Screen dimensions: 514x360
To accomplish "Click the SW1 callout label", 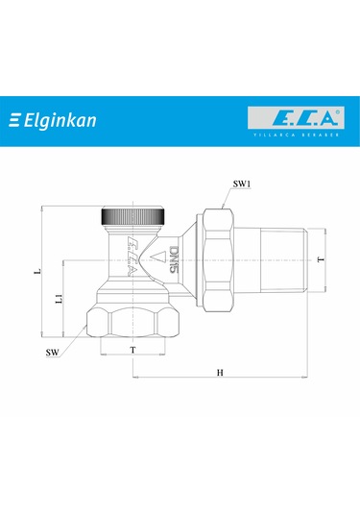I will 242,183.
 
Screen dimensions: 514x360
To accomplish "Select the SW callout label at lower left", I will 56,353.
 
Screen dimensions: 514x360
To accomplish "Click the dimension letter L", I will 36,273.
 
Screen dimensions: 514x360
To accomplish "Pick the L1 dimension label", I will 59,300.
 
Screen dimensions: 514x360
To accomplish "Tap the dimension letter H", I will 220,371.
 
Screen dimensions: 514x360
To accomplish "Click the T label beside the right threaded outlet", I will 320,259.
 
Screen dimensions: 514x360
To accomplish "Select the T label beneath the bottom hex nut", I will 132,350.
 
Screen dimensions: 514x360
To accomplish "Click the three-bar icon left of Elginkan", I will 15,121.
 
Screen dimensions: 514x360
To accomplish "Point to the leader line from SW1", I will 228,195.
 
